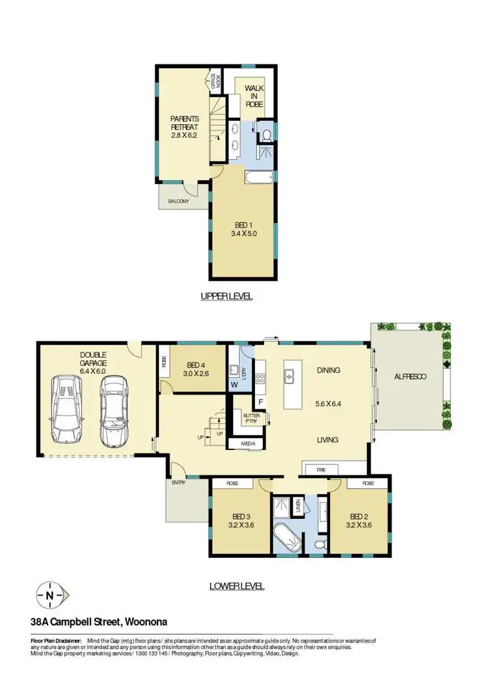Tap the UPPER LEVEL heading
click(x=226, y=296)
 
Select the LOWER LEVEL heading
click(x=237, y=585)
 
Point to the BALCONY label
click(x=178, y=202)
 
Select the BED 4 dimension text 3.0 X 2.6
click(x=196, y=374)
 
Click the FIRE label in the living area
click(x=321, y=468)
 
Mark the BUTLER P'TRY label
click(x=251, y=418)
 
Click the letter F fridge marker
click(x=261, y=401)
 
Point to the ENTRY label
click(x=178, y=483)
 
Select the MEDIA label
click(x=248, y=445)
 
